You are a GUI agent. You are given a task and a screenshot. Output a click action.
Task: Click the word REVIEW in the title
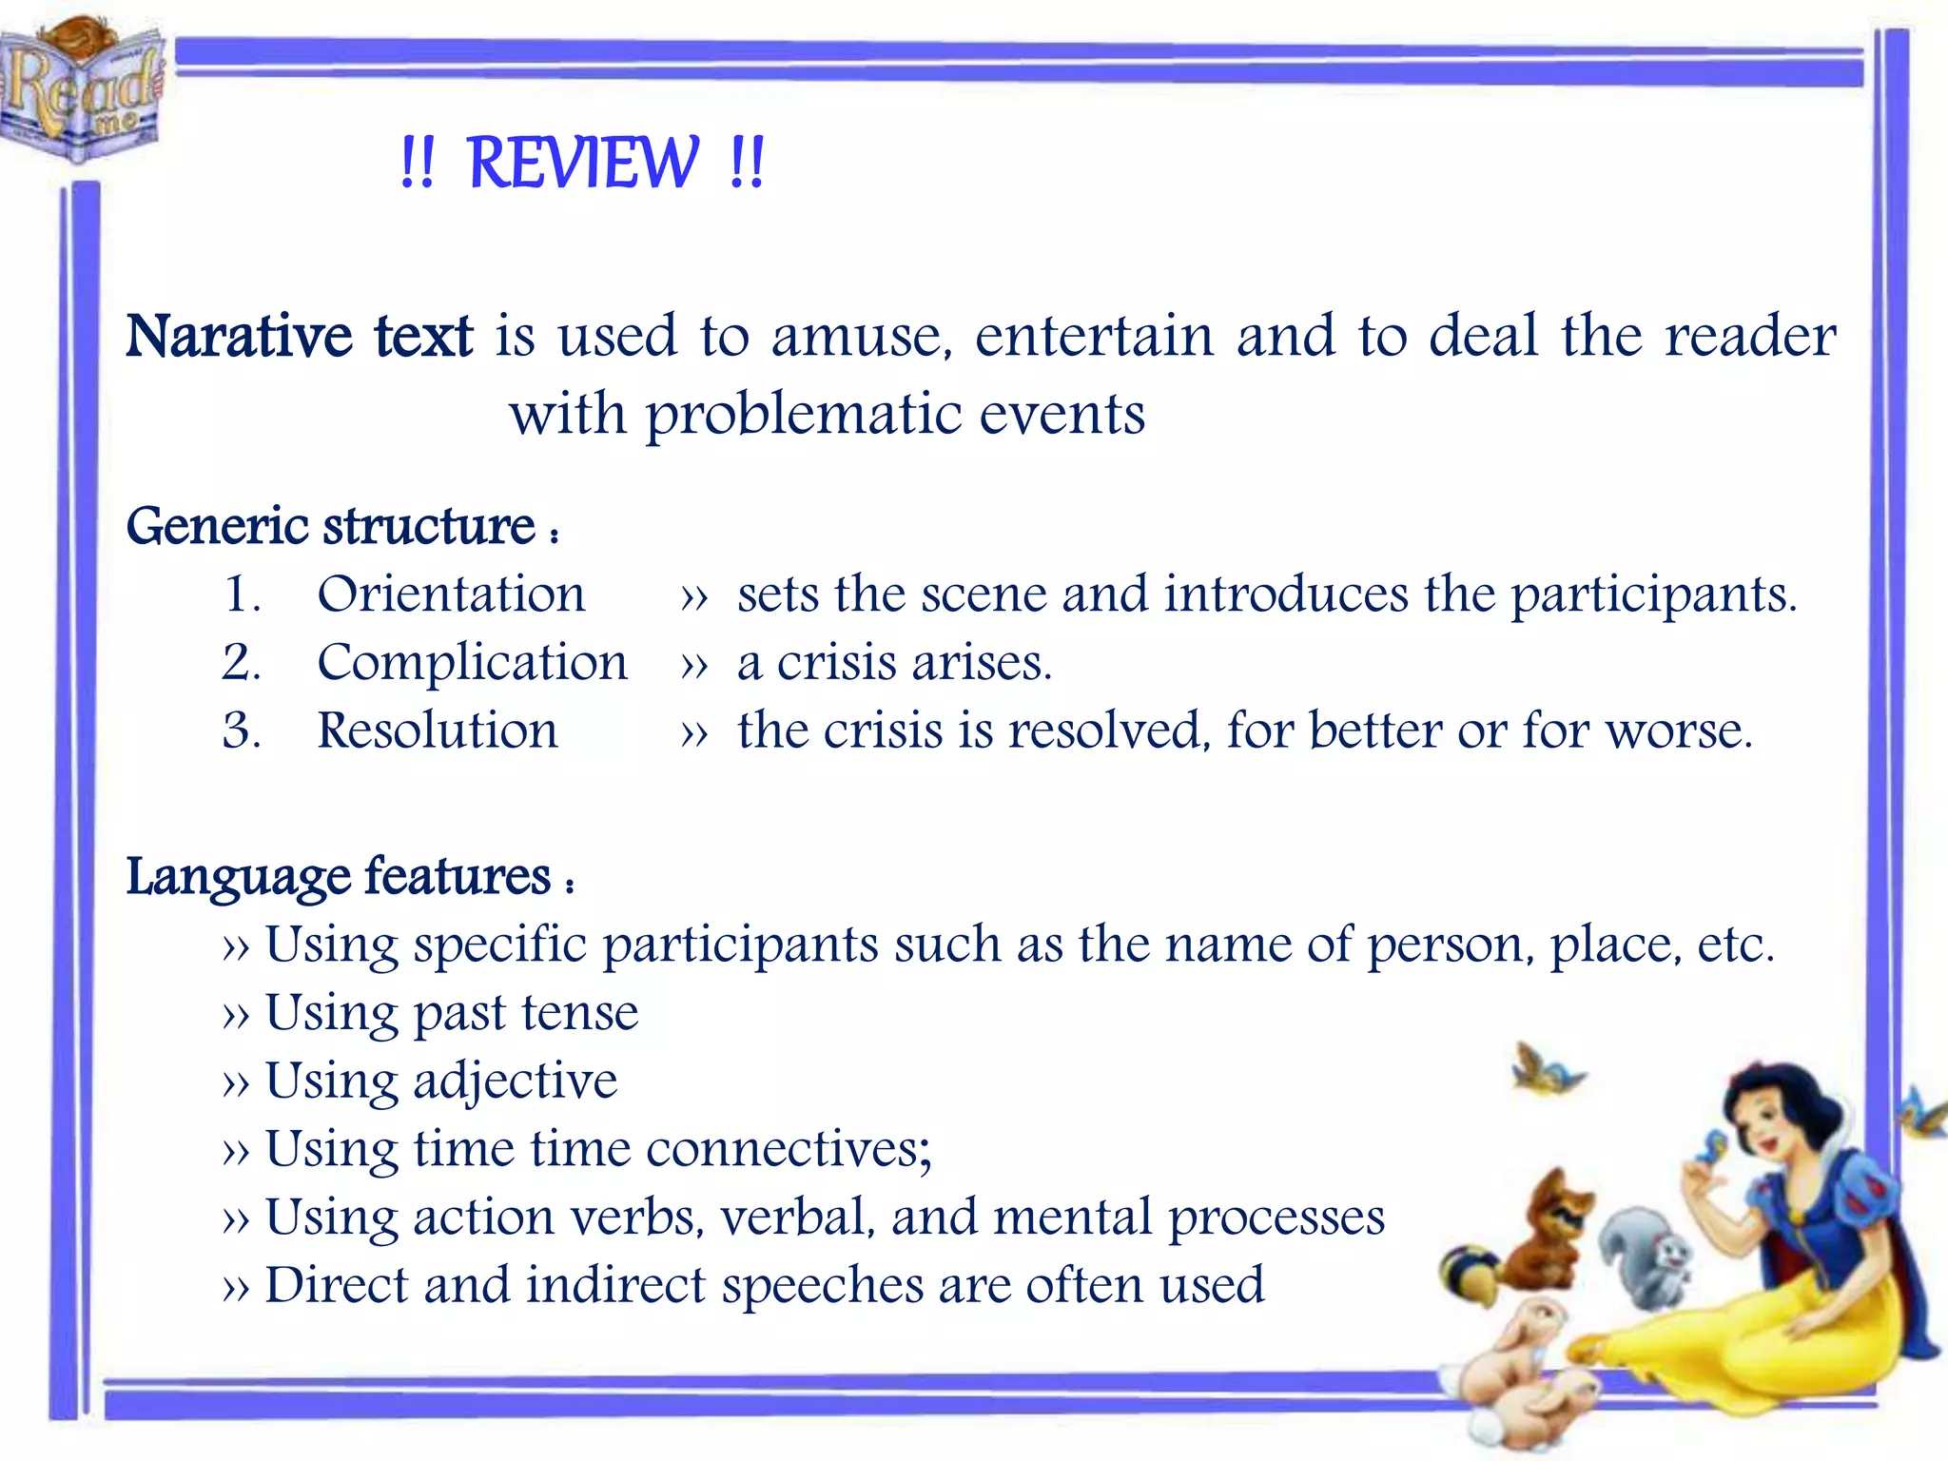[583, 164]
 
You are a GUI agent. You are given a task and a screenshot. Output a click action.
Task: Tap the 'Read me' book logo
[82, 90]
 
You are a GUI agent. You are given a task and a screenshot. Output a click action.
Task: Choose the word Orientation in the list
[451, 594]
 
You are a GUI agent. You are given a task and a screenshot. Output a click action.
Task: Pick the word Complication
[472, 663]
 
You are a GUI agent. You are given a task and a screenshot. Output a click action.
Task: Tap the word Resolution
[438, 731]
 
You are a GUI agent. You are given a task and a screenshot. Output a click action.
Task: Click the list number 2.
[240, 663]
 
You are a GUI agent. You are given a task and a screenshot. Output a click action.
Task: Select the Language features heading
[339, 876]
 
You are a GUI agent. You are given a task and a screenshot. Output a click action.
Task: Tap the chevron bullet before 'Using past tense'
[235, 1016]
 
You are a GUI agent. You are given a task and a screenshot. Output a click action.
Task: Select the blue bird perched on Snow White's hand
[1712, 1151]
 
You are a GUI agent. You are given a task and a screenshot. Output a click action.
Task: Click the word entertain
[1094, 337]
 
